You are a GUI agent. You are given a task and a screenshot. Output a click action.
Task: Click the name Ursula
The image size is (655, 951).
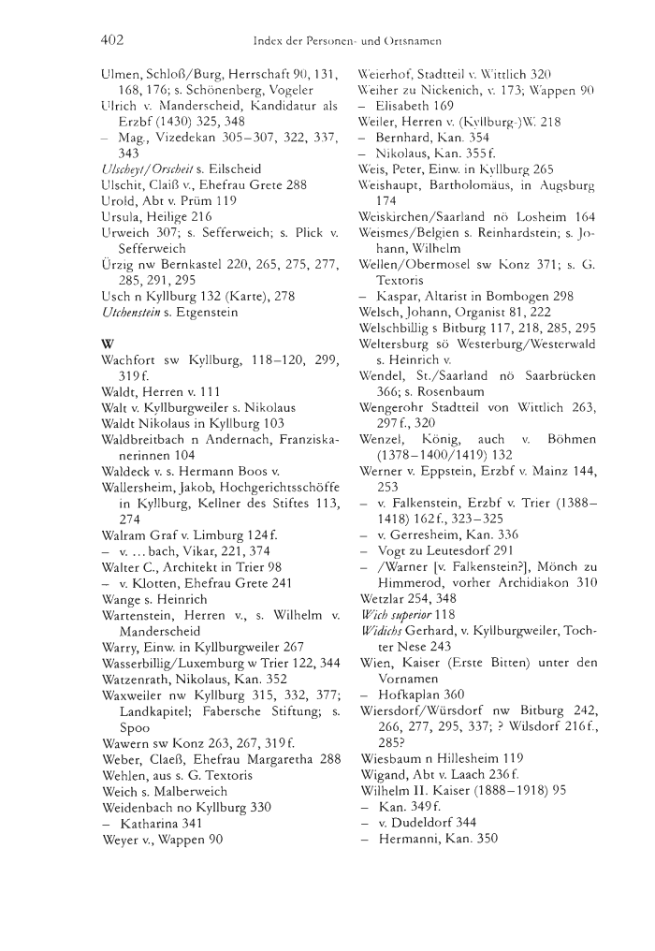coord(124,215)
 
